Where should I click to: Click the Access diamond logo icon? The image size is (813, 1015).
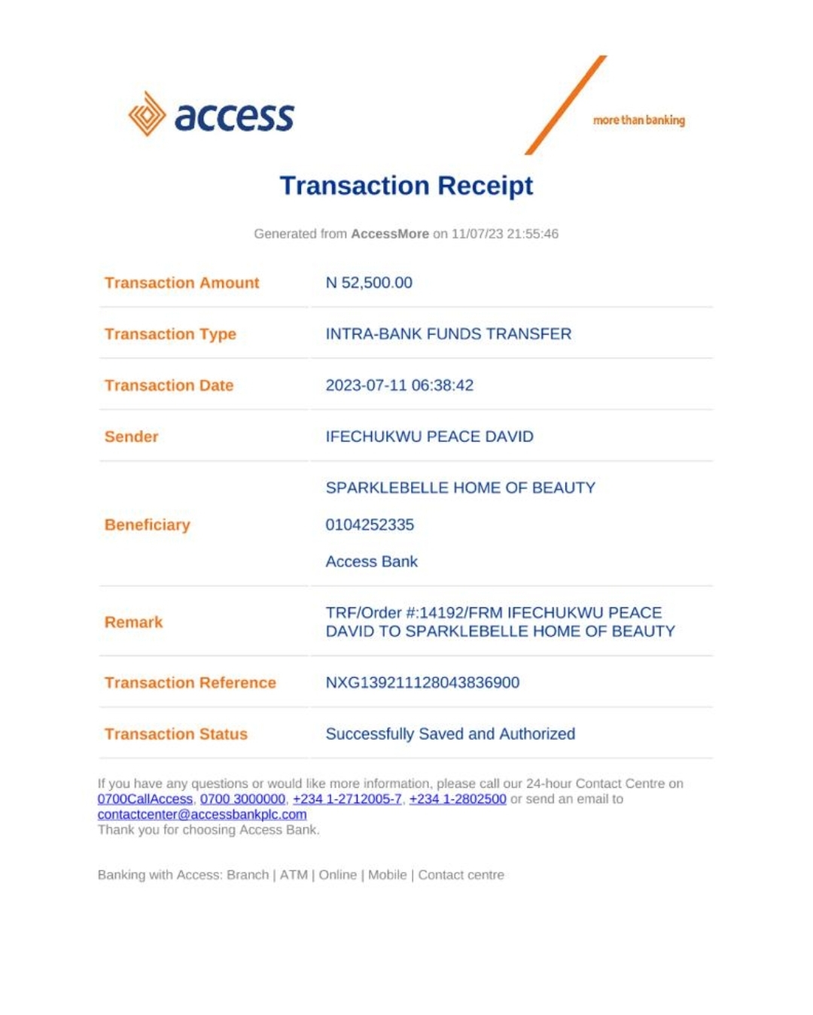pyautogui.click(x=147, y=114)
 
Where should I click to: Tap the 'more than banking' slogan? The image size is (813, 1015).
pyautogui.click(x=638, y=120)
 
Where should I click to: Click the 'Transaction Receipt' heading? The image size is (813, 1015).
pyautogui.click(x=406, y=185)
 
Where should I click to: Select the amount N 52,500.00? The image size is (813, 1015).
pyautogui.click(x=369, y=283)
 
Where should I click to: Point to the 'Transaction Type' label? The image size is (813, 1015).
pyautogui.click(x=170, y=334)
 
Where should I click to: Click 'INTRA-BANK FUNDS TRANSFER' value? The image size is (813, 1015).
pyautogui.click(x=448, y=334)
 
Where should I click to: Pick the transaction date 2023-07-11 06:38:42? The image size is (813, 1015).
pyautogui.click(x=399, y=385)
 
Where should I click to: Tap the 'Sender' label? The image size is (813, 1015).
pyautogui.click(x=131, y=436)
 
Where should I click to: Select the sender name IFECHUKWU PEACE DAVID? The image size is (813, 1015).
pyautogui.click(x=429, y=436)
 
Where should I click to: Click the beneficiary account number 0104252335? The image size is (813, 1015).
pyautogui.click(x=370, y=524)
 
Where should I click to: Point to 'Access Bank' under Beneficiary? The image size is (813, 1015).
pyautogui.click(x=371, y=561)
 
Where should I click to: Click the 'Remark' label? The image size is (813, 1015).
pyautogui.click(x=133, y=622)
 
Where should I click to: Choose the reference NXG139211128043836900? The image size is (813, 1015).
pyautogui.click(x=422, y=682)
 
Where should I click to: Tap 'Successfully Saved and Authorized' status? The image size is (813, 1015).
pyautogui.click(x=450, y=734)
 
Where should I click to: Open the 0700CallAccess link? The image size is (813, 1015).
pyautogui.click(x=145, y=799)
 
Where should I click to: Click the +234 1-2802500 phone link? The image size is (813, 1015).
pyautogui.click(x=457, y=799)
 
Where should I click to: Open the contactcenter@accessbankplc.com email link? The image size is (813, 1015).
pyautogui.click(x=202, y=814)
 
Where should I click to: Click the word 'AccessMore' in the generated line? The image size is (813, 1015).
pyautogui.click(x=389, y=234)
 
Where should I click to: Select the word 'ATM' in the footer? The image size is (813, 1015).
pyautogui.click(x=294, y=875)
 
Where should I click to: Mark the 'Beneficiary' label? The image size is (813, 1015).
pyautogui.click(x=147, y=524)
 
